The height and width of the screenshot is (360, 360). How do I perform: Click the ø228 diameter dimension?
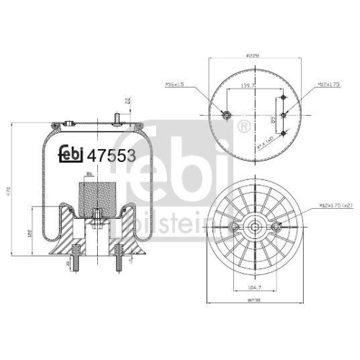(252, 53)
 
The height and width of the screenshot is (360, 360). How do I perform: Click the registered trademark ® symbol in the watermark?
(243, 127)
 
